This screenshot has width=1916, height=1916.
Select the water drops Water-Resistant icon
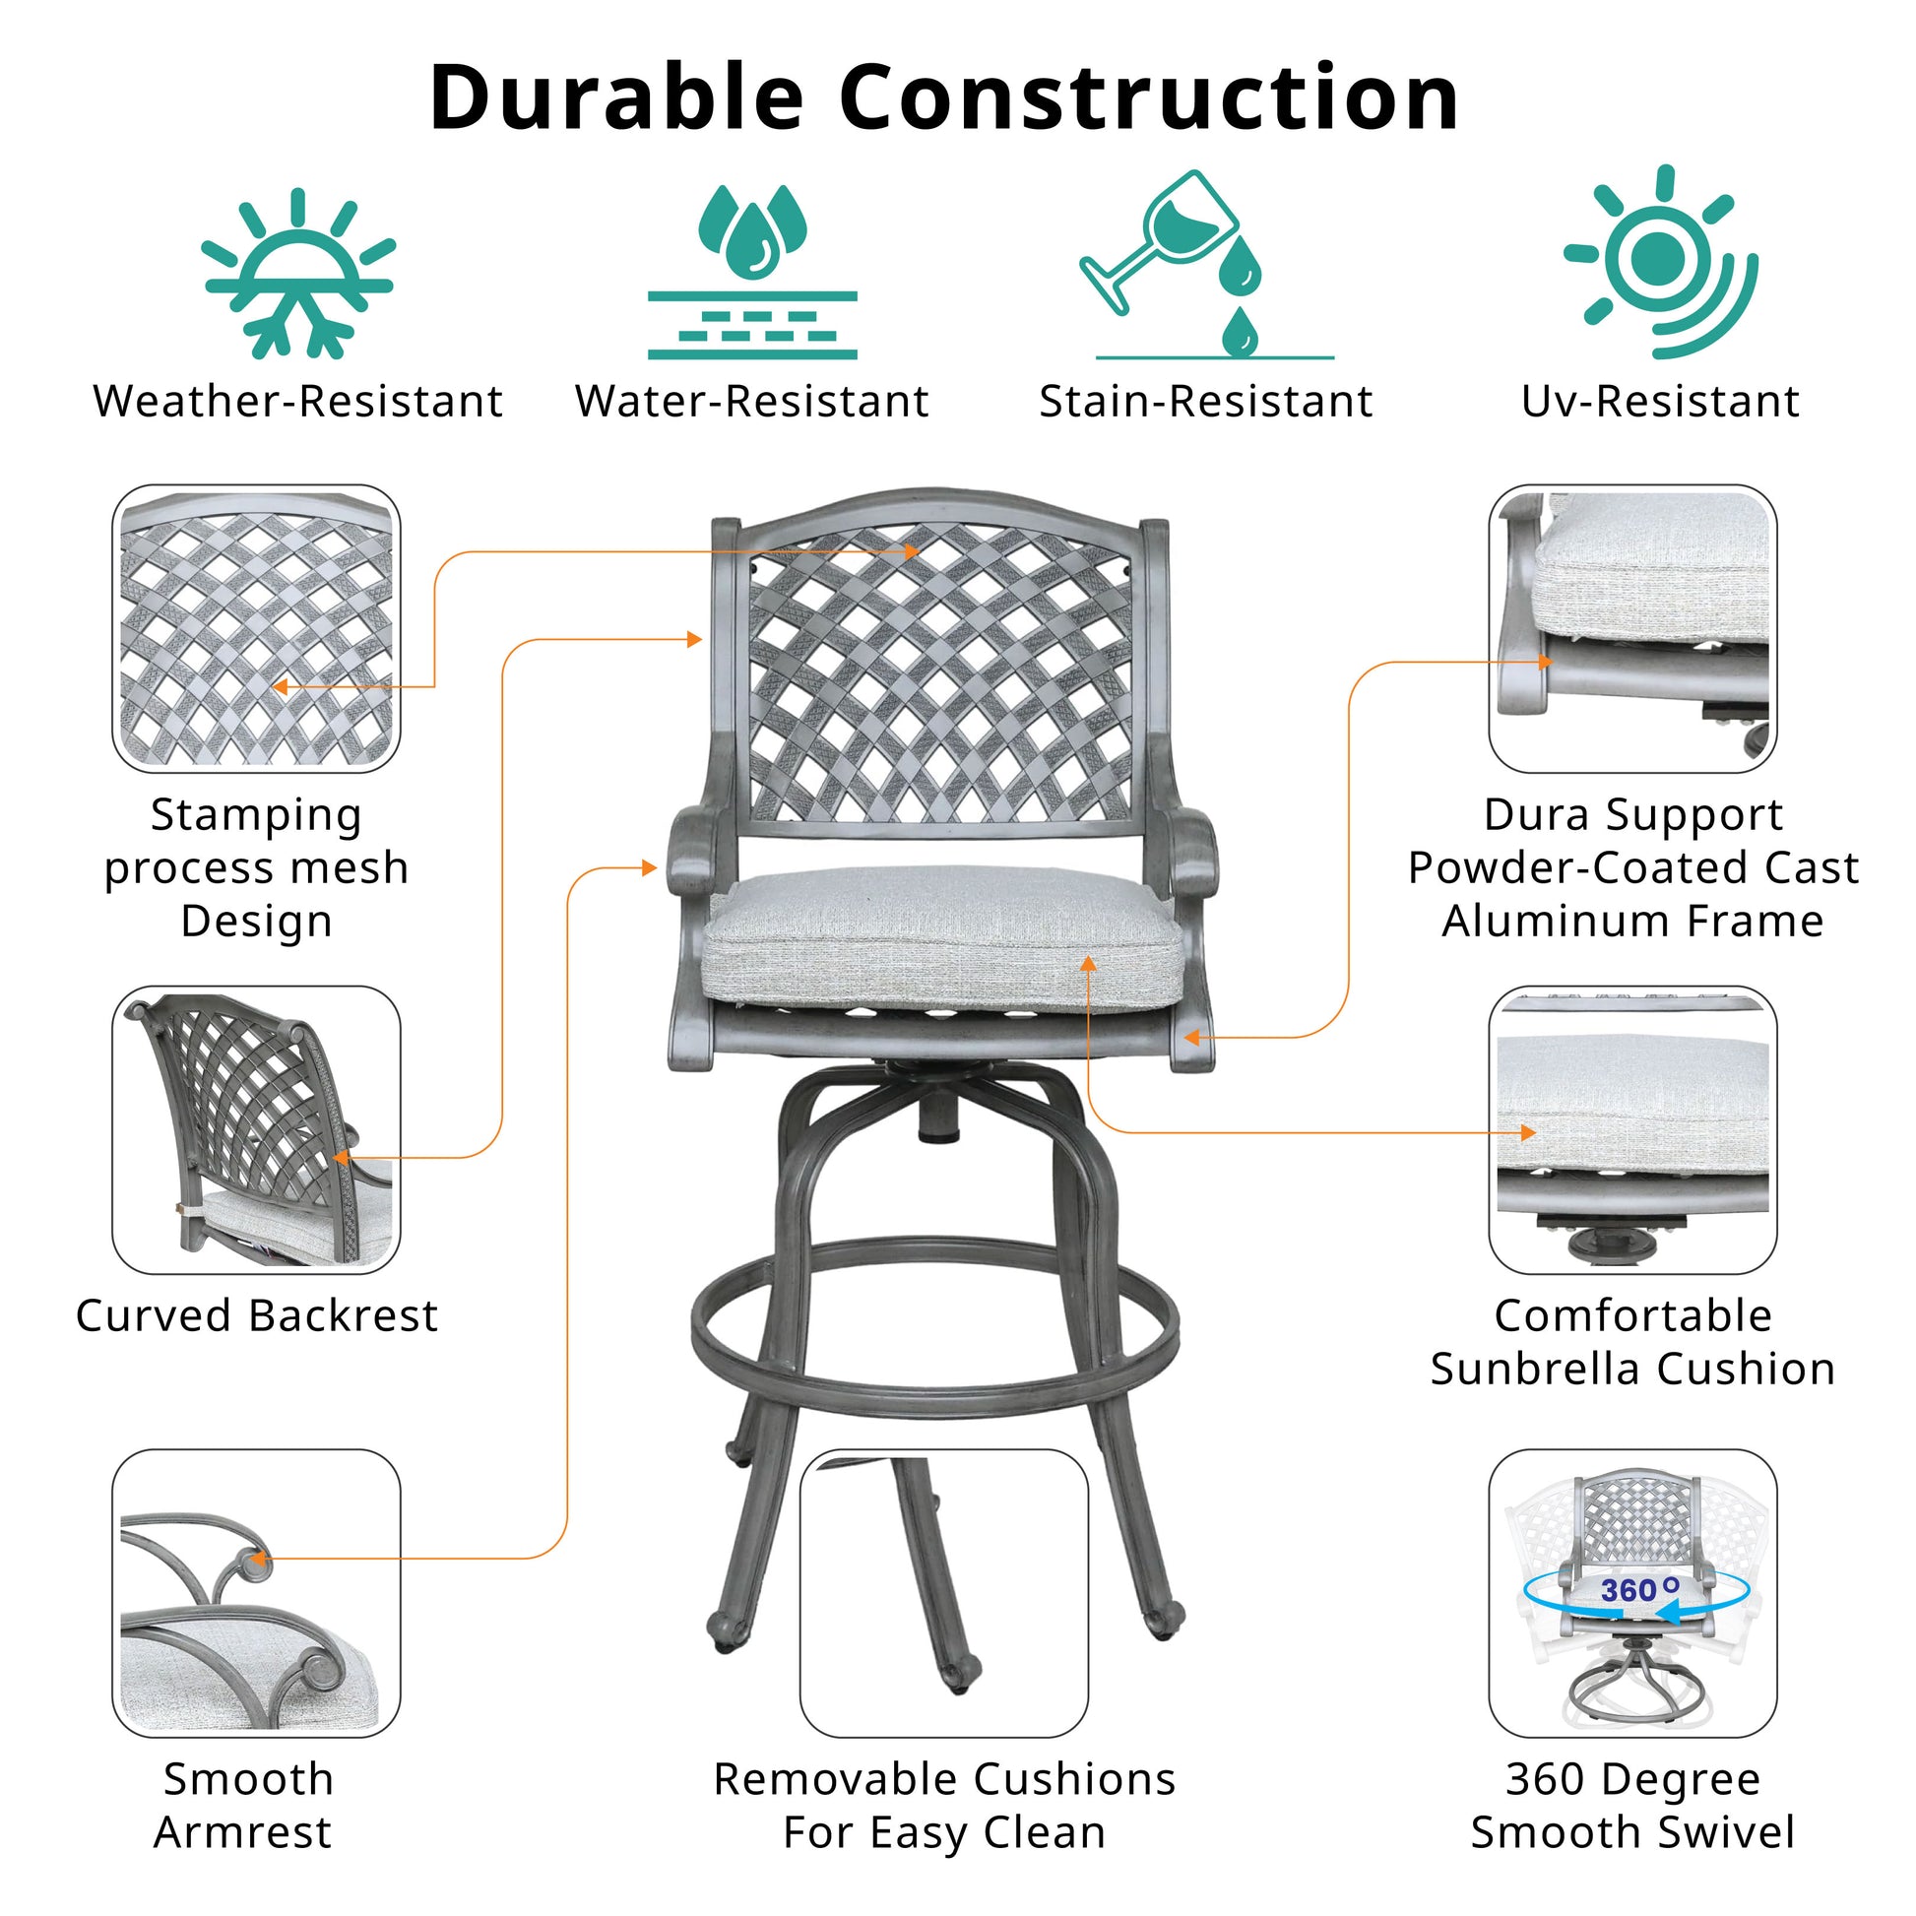coord(751,270)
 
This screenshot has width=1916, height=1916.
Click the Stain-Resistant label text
coord(1205,402)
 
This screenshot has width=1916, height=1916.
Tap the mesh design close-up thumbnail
coord(256,629)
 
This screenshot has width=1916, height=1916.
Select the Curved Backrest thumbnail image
coord(256,1129)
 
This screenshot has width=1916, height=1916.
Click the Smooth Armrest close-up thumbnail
coord(256,1594)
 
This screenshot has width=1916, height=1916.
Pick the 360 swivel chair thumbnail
coord(1631,1594)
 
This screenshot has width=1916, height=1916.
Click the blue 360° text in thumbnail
coord(1638,1590)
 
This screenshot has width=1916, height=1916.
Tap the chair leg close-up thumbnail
coord(943,1594)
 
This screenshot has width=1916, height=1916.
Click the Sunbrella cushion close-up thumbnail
coord(1631,1129)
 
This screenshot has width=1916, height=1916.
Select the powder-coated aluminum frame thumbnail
coord(1631,629)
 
